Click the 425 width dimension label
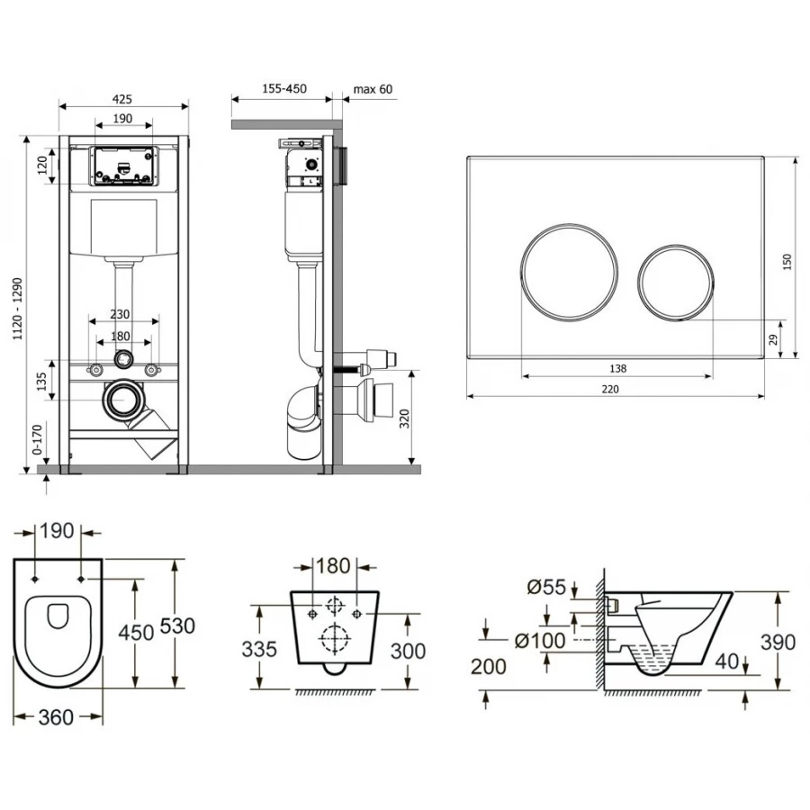pos(121,99)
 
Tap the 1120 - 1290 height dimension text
pos(18,309)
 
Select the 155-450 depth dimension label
pos(284,88)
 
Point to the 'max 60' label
pos(373,89)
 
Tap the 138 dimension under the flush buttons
pos(617,368)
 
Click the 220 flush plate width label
pos(610,389)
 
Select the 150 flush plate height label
pos(787,262)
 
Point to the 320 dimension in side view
pos(404,418)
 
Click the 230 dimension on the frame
pos(120,314)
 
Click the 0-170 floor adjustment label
pos(37,439)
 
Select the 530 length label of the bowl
pos(177,625)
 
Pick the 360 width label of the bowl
pos(56,717)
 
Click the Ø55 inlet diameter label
pos(546,587)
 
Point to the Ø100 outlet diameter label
pos(540,641)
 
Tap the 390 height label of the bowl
pos(778,642)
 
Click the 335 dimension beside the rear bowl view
pos(259,649)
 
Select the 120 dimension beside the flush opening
pos(43,166)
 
